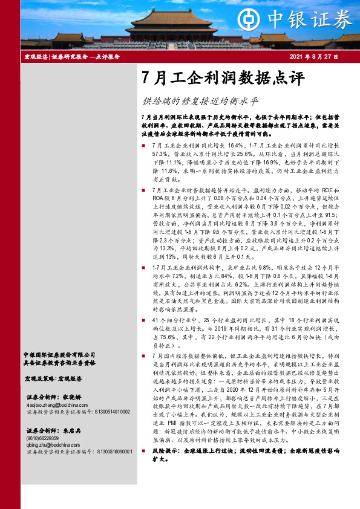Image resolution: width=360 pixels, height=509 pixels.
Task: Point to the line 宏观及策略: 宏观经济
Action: click(56, 378)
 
